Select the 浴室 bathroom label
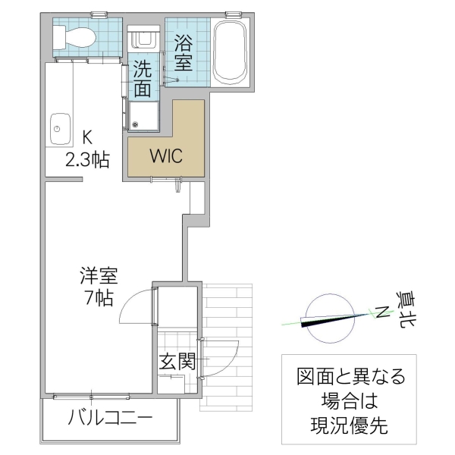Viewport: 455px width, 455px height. tap(183, 52)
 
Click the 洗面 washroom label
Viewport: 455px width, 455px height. tap(143, 78)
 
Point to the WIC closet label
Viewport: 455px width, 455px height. tap(165, 157)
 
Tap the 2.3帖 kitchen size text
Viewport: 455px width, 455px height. tap(86, 159)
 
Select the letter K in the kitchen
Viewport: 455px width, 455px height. tap(86, 138)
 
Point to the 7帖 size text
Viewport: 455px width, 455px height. tap(99, 298)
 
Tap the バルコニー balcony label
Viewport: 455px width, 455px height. tap(111, 419)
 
